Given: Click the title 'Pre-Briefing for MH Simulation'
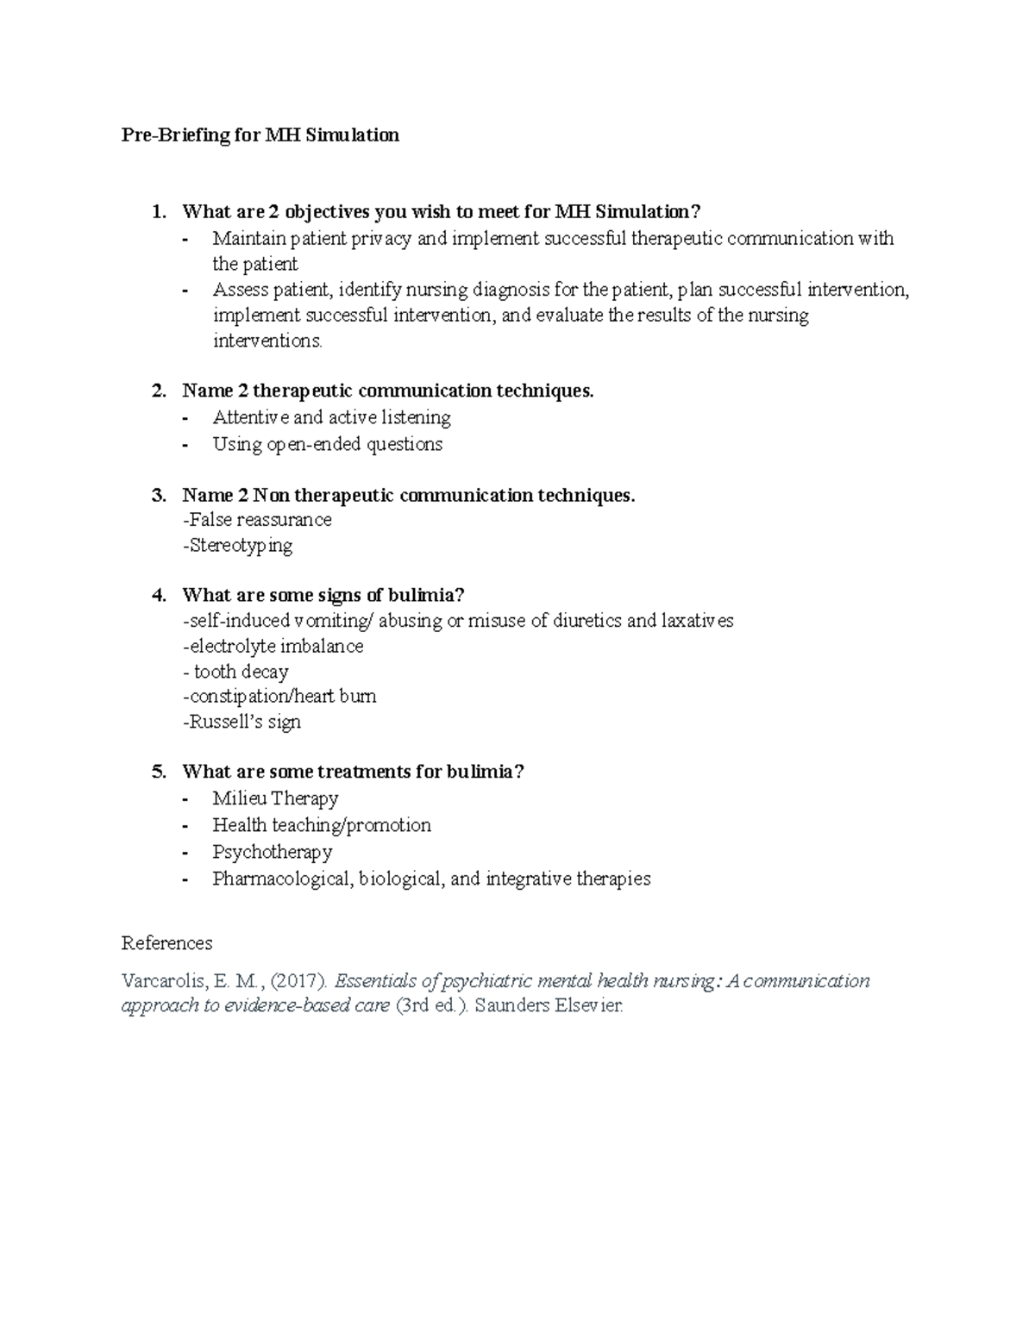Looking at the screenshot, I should (260, 135).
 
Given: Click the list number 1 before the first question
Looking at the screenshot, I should (156, 212).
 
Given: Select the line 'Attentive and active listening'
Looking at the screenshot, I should (331, 418).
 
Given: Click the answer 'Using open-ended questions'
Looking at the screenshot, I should (327, 445).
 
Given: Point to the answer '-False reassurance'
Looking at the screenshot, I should (257, 520).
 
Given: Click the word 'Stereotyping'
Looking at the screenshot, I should (241, 546).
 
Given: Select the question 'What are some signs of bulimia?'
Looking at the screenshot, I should (323, 595).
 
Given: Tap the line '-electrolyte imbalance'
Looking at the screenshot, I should (273, 647).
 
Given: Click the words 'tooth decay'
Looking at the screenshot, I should (241, 672).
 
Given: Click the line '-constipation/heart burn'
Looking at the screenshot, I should (279, 696).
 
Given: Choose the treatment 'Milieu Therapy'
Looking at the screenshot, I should (275, 798).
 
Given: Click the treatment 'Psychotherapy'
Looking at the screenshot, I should (272, 852).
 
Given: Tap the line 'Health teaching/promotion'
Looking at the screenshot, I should (322, 825).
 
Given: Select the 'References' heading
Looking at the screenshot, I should (166, 942).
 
